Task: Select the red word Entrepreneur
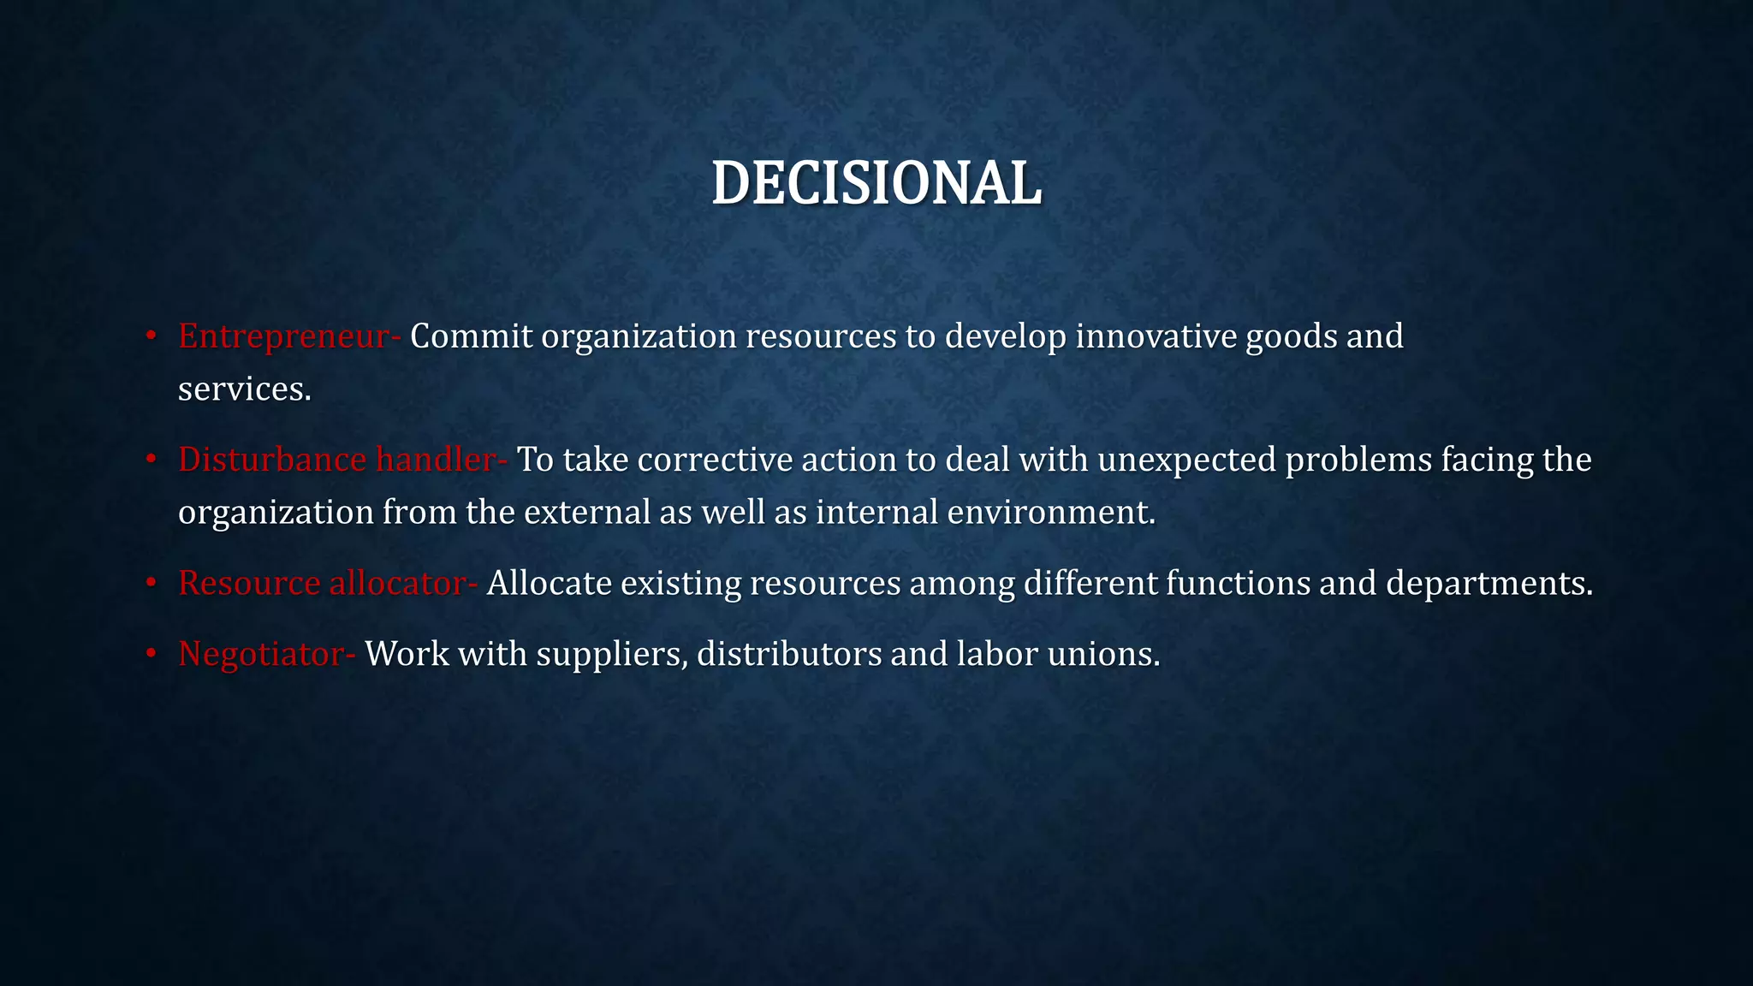point(284,336)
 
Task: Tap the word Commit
point(471,336)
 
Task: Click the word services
point(244,389)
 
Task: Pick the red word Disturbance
point(272,460)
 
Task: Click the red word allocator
point(399,583)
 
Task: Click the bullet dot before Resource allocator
point(151,583)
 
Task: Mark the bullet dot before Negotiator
point(151,654)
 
